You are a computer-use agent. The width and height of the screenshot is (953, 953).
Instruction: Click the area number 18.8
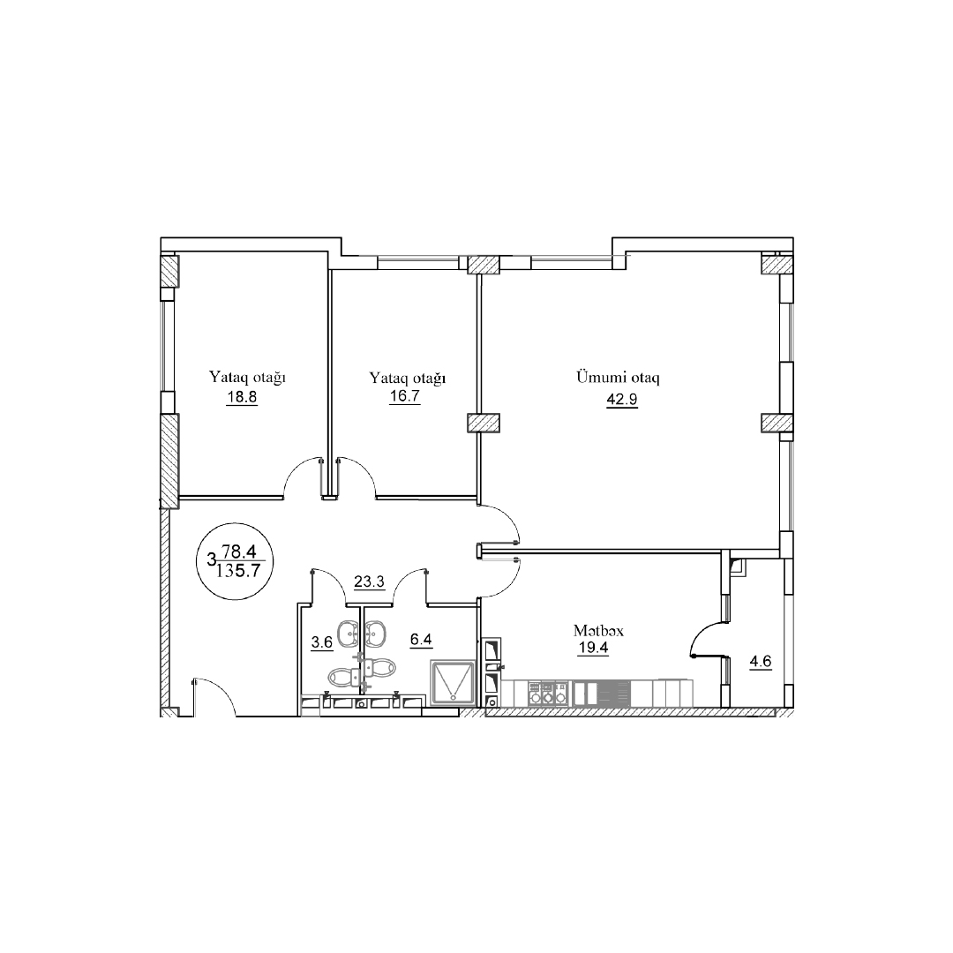pyautogui.click(x=242, y=397)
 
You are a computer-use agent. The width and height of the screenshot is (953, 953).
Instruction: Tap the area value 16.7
pyautogui.click(x=404, y=397)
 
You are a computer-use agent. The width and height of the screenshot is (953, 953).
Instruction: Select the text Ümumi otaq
pyautogui.click(x=618, y=377)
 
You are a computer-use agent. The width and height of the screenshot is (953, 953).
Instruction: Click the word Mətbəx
pyautogui.click(x=598, y=631)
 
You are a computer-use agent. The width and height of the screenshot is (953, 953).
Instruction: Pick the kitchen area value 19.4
pyautogui.click(x=593, y=648)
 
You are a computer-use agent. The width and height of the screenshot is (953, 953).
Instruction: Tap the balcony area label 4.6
pyautogui.click(x=761, y=661)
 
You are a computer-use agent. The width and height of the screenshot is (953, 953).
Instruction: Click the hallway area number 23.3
pyautogui.click(x=369, y=582)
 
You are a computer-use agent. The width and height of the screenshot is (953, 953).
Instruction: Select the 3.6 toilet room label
pyautogui.click(x=322, y=642)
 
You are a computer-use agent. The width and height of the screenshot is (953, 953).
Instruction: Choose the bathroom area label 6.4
pyautogui.click(x=421, y=640)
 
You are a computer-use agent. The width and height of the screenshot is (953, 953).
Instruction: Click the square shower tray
pyautogui.click(x=452, y=682)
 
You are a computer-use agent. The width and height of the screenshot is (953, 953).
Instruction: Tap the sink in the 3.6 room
pyautogui.click(x=349, y=633)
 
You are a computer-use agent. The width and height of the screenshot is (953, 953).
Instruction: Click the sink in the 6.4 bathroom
pyautogui.click(x=375, y=633)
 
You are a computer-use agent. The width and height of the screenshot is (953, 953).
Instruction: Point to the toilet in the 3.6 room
pyautogui.click(x=342, y=675)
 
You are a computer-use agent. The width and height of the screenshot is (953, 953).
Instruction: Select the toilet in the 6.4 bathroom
pyautogui.click(x=381, y=669)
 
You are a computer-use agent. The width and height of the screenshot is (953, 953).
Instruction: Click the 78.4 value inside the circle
pyautogui.click(x=239, y=552)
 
